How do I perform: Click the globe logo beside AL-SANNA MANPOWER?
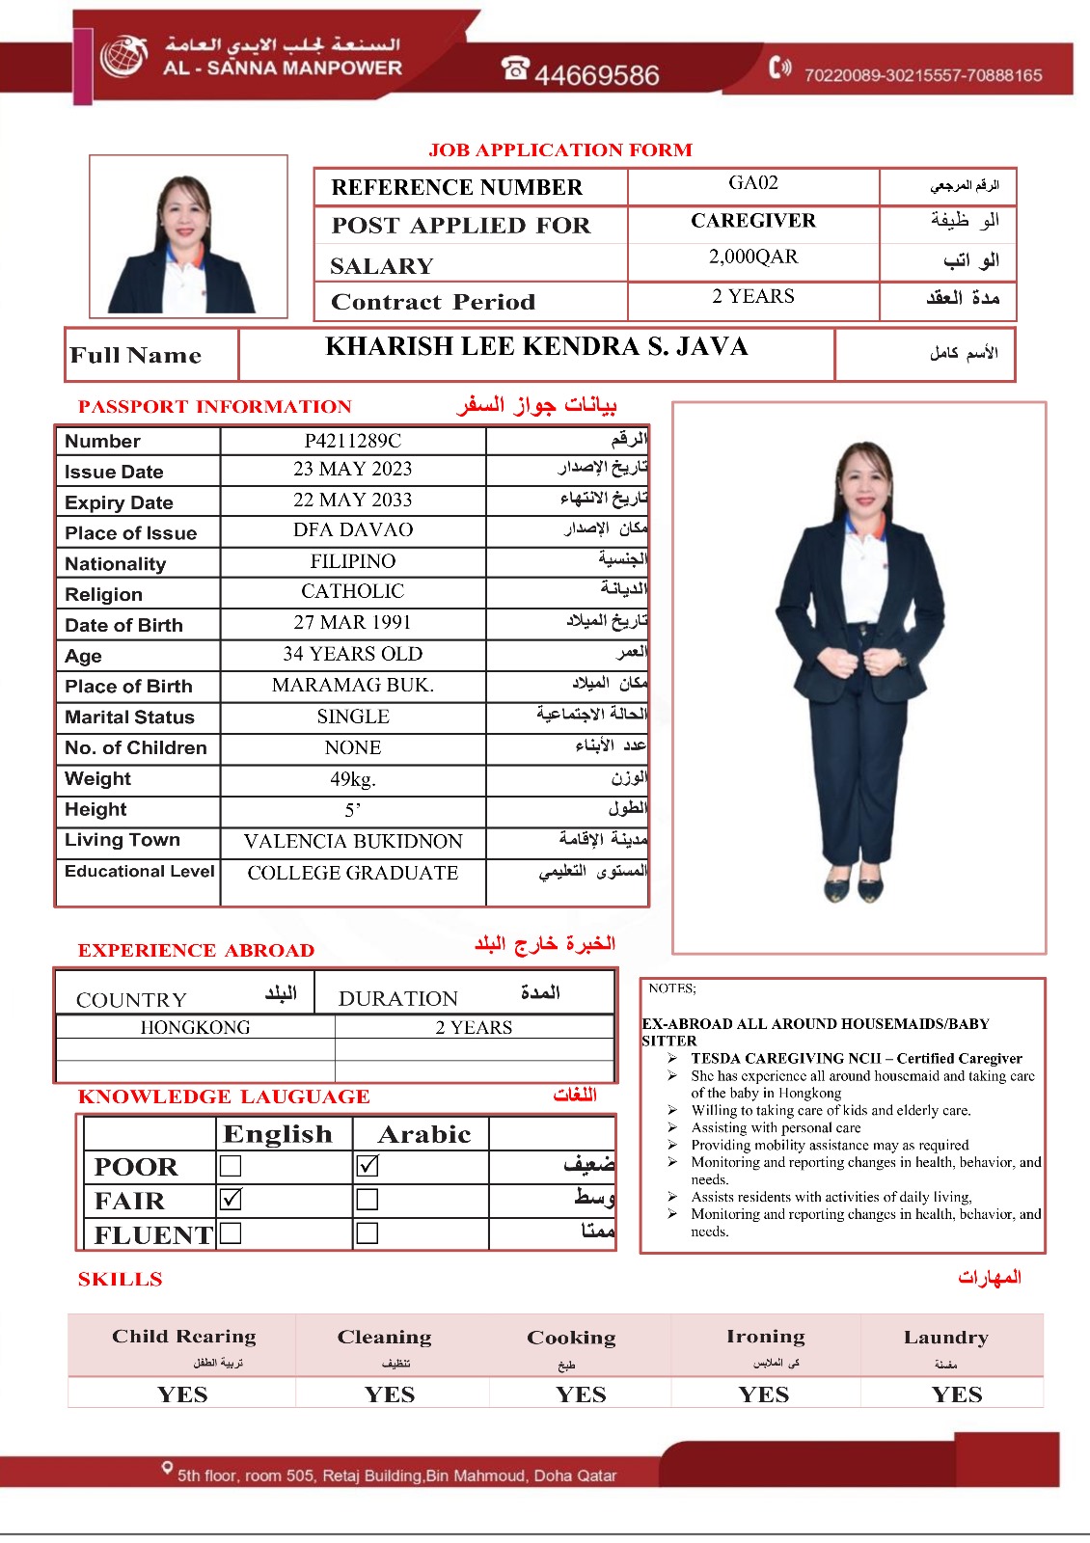click(x=123, y=56)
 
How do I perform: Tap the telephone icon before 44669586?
click(x=515, y=68)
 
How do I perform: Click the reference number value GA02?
click(x=752, y=183)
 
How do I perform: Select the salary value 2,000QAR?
click(x=752, y=257)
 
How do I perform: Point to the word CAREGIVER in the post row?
click(x=752, y=221)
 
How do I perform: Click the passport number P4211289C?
click(x=352, y=441)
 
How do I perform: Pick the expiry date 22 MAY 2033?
click(x=352, y=500)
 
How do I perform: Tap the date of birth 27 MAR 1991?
click(x=352, y=622)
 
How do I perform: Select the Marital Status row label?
click(x=129, y=717)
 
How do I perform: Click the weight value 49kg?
click(x=352, y=779)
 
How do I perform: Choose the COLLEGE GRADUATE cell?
click(x=352, y=873)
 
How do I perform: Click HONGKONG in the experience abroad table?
click(x=195, y=1027)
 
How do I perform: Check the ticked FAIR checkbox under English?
click(x=231, y=1200)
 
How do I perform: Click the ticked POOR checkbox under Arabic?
click(x=367, y=1166)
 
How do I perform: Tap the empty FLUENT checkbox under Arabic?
click(x=367, y=1233)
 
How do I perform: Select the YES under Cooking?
click(x=581, y=1394)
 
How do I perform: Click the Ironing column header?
click(x=765, y=1337)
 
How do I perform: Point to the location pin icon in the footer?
click(x=167, y=1469)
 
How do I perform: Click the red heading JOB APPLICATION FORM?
click(x=560, y=149)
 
